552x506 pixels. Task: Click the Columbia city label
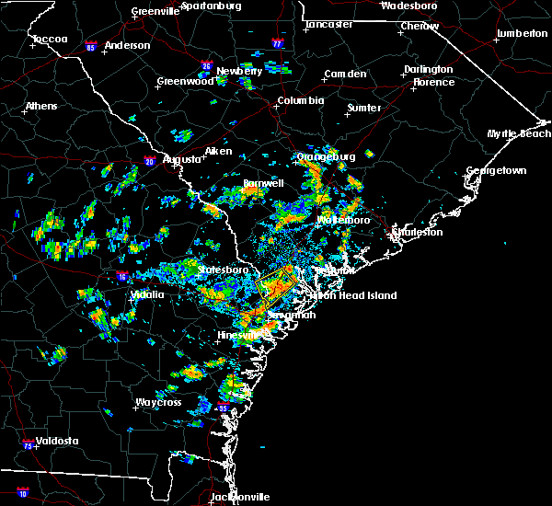pos(301,101)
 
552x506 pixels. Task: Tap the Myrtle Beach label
pos(519,134)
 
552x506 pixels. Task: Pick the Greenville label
pos(155,12)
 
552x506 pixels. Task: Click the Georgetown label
pos(496,171)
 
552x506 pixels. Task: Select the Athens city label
pos(40,106)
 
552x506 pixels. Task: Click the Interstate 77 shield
pos(278,42)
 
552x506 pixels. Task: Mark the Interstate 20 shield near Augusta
pos(150,162)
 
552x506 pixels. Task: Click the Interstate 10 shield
pos(22,493)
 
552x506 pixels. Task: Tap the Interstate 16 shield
pos(122,275)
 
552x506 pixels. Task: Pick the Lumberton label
pos(522,33)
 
